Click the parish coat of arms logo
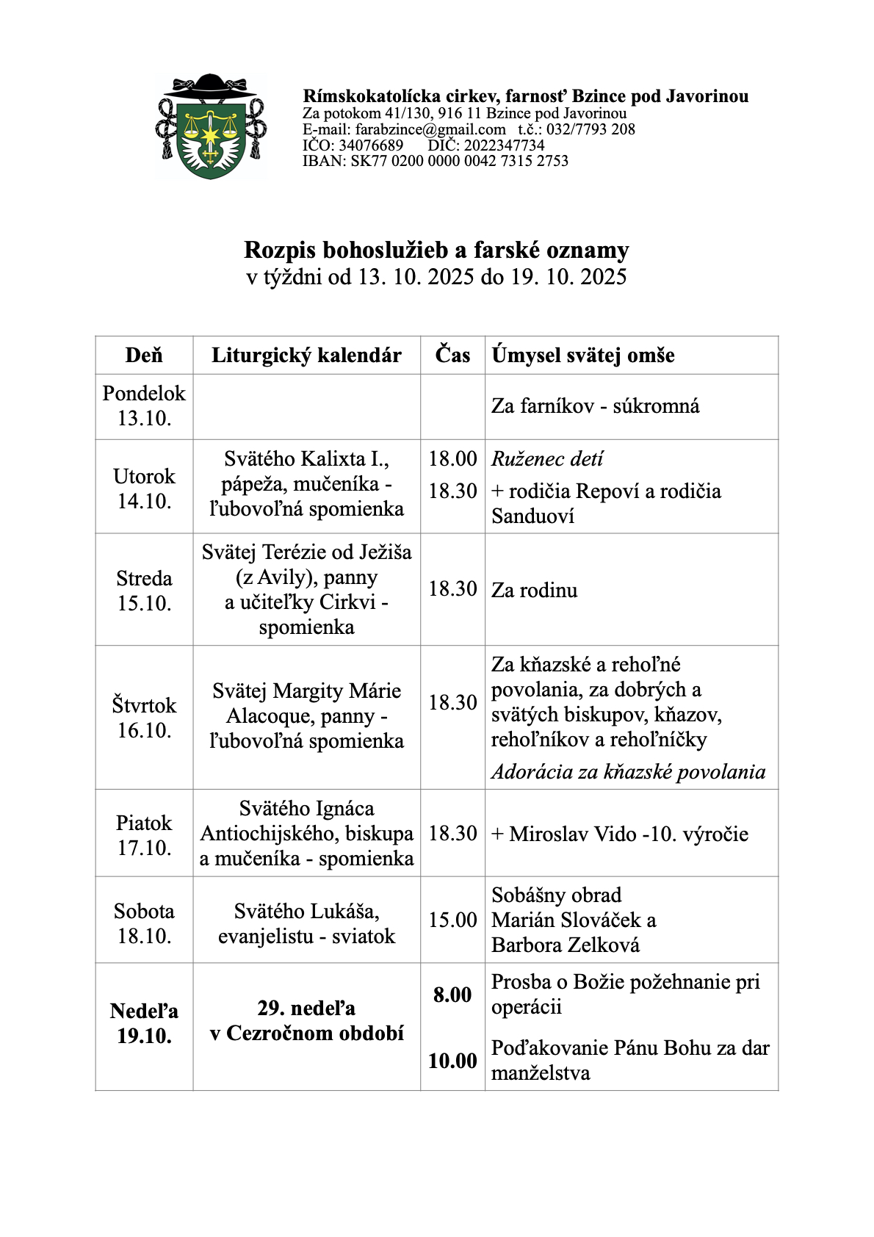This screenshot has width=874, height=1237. (211, 128)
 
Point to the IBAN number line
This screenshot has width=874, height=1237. (436, 161)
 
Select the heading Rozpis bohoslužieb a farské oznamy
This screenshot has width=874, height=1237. (436, 250)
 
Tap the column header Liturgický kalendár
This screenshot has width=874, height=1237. (306, 356)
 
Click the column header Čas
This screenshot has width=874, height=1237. (452, 355)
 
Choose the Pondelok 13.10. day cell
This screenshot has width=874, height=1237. (144, 405)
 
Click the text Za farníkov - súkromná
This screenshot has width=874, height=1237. (595, 406)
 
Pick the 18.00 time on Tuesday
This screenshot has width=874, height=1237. (452, 459)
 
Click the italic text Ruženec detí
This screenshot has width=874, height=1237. (547, 459)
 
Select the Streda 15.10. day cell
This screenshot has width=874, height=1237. (144, 591)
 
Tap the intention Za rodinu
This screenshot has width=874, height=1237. (534, 591)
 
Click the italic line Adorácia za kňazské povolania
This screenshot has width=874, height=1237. (628, 772)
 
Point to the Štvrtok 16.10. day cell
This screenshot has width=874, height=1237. (144, 718)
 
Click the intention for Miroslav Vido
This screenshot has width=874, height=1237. (620, 834)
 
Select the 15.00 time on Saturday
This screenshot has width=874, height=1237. (452, 920)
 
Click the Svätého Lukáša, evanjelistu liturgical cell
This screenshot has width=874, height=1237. (306, 923)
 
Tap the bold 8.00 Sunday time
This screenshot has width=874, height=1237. (452, 995)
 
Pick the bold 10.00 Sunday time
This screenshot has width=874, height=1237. (452, 1061)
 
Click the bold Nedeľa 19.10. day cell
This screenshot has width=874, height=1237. (144, 1023)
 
